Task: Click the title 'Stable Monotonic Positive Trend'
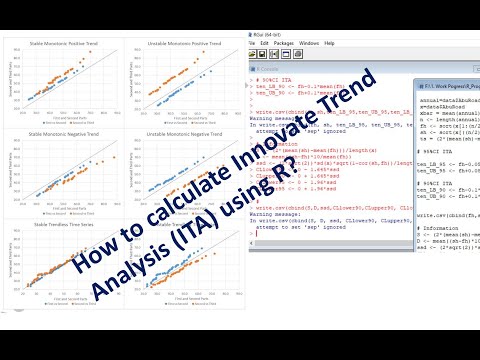click(x=62, y=44)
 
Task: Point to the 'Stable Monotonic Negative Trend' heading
click(x=62, y=131)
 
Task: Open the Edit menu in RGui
click(x=265, y=44)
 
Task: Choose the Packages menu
click(x=283, y=44)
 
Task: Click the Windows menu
click(x=309, y=44)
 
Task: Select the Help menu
click(x=330, y=44)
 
